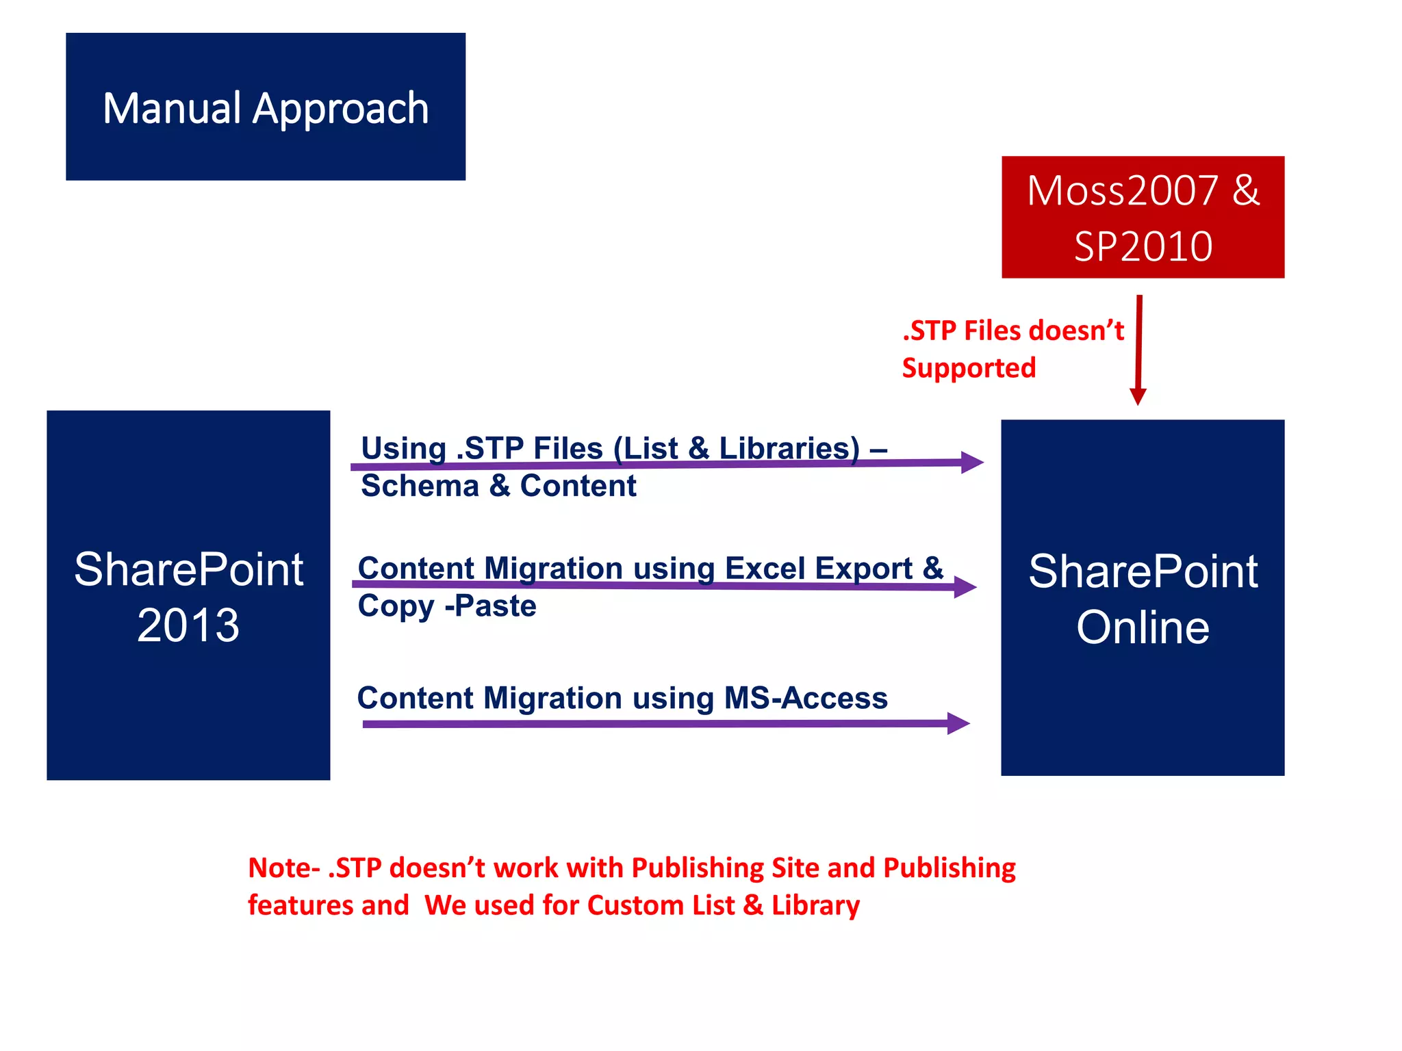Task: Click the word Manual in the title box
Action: click(x=172, y=109)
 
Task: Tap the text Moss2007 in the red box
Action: click(x=1123, y=191)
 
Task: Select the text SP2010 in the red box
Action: click(x=1143, y=247)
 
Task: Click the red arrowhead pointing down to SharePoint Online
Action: click(x=1138, y=396)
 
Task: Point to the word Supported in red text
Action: click(x=969, y=368)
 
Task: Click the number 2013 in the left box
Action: click(x=188, y=625)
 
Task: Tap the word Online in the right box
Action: click(x=1143, y=627)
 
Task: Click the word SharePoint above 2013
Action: click(x=188, y=570)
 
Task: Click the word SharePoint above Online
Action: click(x=1143, y=572)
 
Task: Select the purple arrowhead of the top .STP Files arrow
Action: click(x=973, y=463)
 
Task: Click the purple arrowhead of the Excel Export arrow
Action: click(x=966, y=586)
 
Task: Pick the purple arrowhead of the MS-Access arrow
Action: click(x=959, y=723)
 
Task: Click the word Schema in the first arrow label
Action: click(x=420, y=486)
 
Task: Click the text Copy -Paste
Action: click(x=447, y=606)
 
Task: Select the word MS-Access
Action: click(x=806, y=699)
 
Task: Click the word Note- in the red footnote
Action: click(x=283, y=868)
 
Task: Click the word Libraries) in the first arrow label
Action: click(x=789, y=449)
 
